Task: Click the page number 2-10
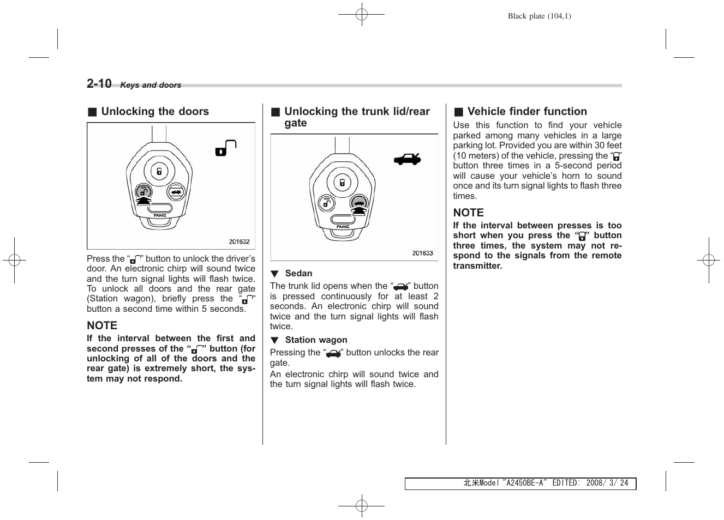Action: coord(99,83)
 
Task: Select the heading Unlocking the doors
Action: coord(154,112)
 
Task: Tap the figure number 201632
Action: coord(239,241)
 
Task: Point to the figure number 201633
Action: coord(422,253)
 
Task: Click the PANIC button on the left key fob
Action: coord(159,209)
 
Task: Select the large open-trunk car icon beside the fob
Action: coord(408,159)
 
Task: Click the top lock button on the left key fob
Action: coord(159,171)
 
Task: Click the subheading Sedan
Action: coord(298,274)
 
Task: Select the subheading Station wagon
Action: coord(316,340)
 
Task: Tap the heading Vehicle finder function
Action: coord(526,112)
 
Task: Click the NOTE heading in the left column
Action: coord(102,325)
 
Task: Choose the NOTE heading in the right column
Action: coord(468,213)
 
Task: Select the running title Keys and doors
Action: coord(151,85)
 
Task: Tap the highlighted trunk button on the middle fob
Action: coord(358,203)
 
